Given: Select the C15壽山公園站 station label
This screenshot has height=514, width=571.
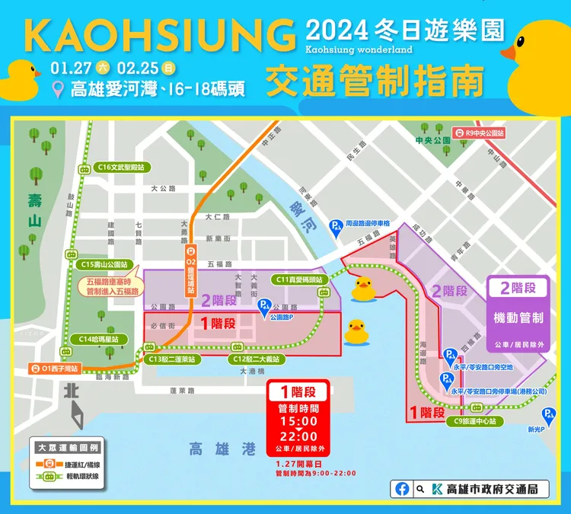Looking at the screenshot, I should click(104, 264).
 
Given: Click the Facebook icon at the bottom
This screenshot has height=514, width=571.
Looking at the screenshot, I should click(402, 489).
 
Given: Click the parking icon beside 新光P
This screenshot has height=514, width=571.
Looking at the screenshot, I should click(547, 415).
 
